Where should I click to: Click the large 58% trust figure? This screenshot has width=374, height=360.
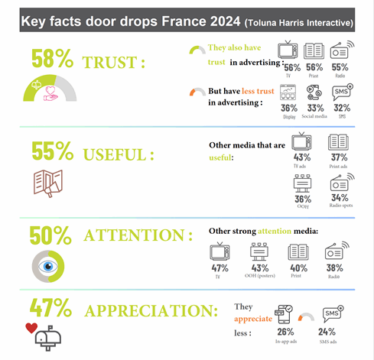(x=52, y=60)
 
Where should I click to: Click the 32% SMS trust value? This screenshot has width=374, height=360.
(x=343, y=109)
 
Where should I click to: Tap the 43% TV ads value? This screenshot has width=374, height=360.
(x=302, y=157)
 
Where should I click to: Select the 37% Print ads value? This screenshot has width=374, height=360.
(x=339, y=157)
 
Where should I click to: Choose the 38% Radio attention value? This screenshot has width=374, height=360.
(x=334, y=269)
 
